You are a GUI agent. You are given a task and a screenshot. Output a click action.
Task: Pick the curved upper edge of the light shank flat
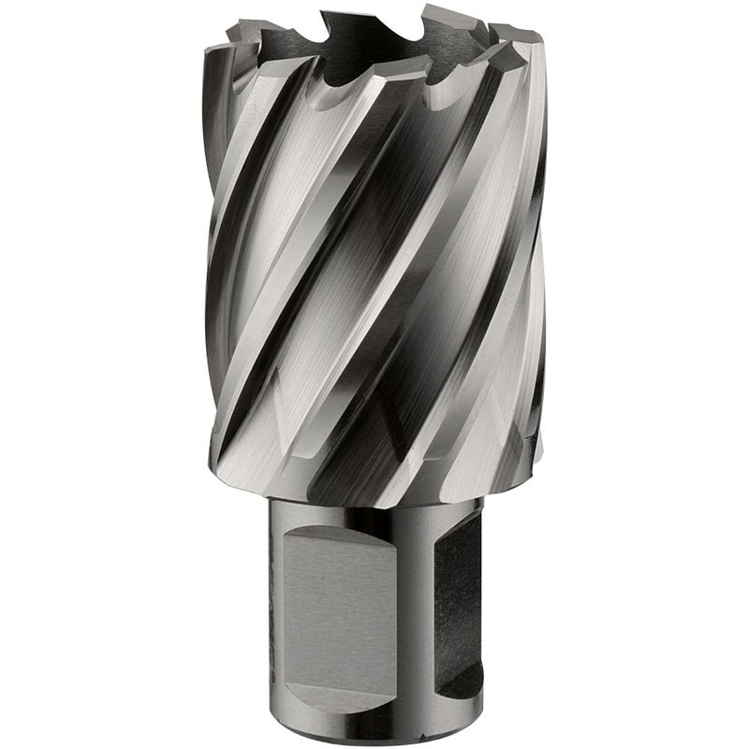point(346,530)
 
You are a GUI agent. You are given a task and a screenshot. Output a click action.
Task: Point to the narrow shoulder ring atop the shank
point(374,502)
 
